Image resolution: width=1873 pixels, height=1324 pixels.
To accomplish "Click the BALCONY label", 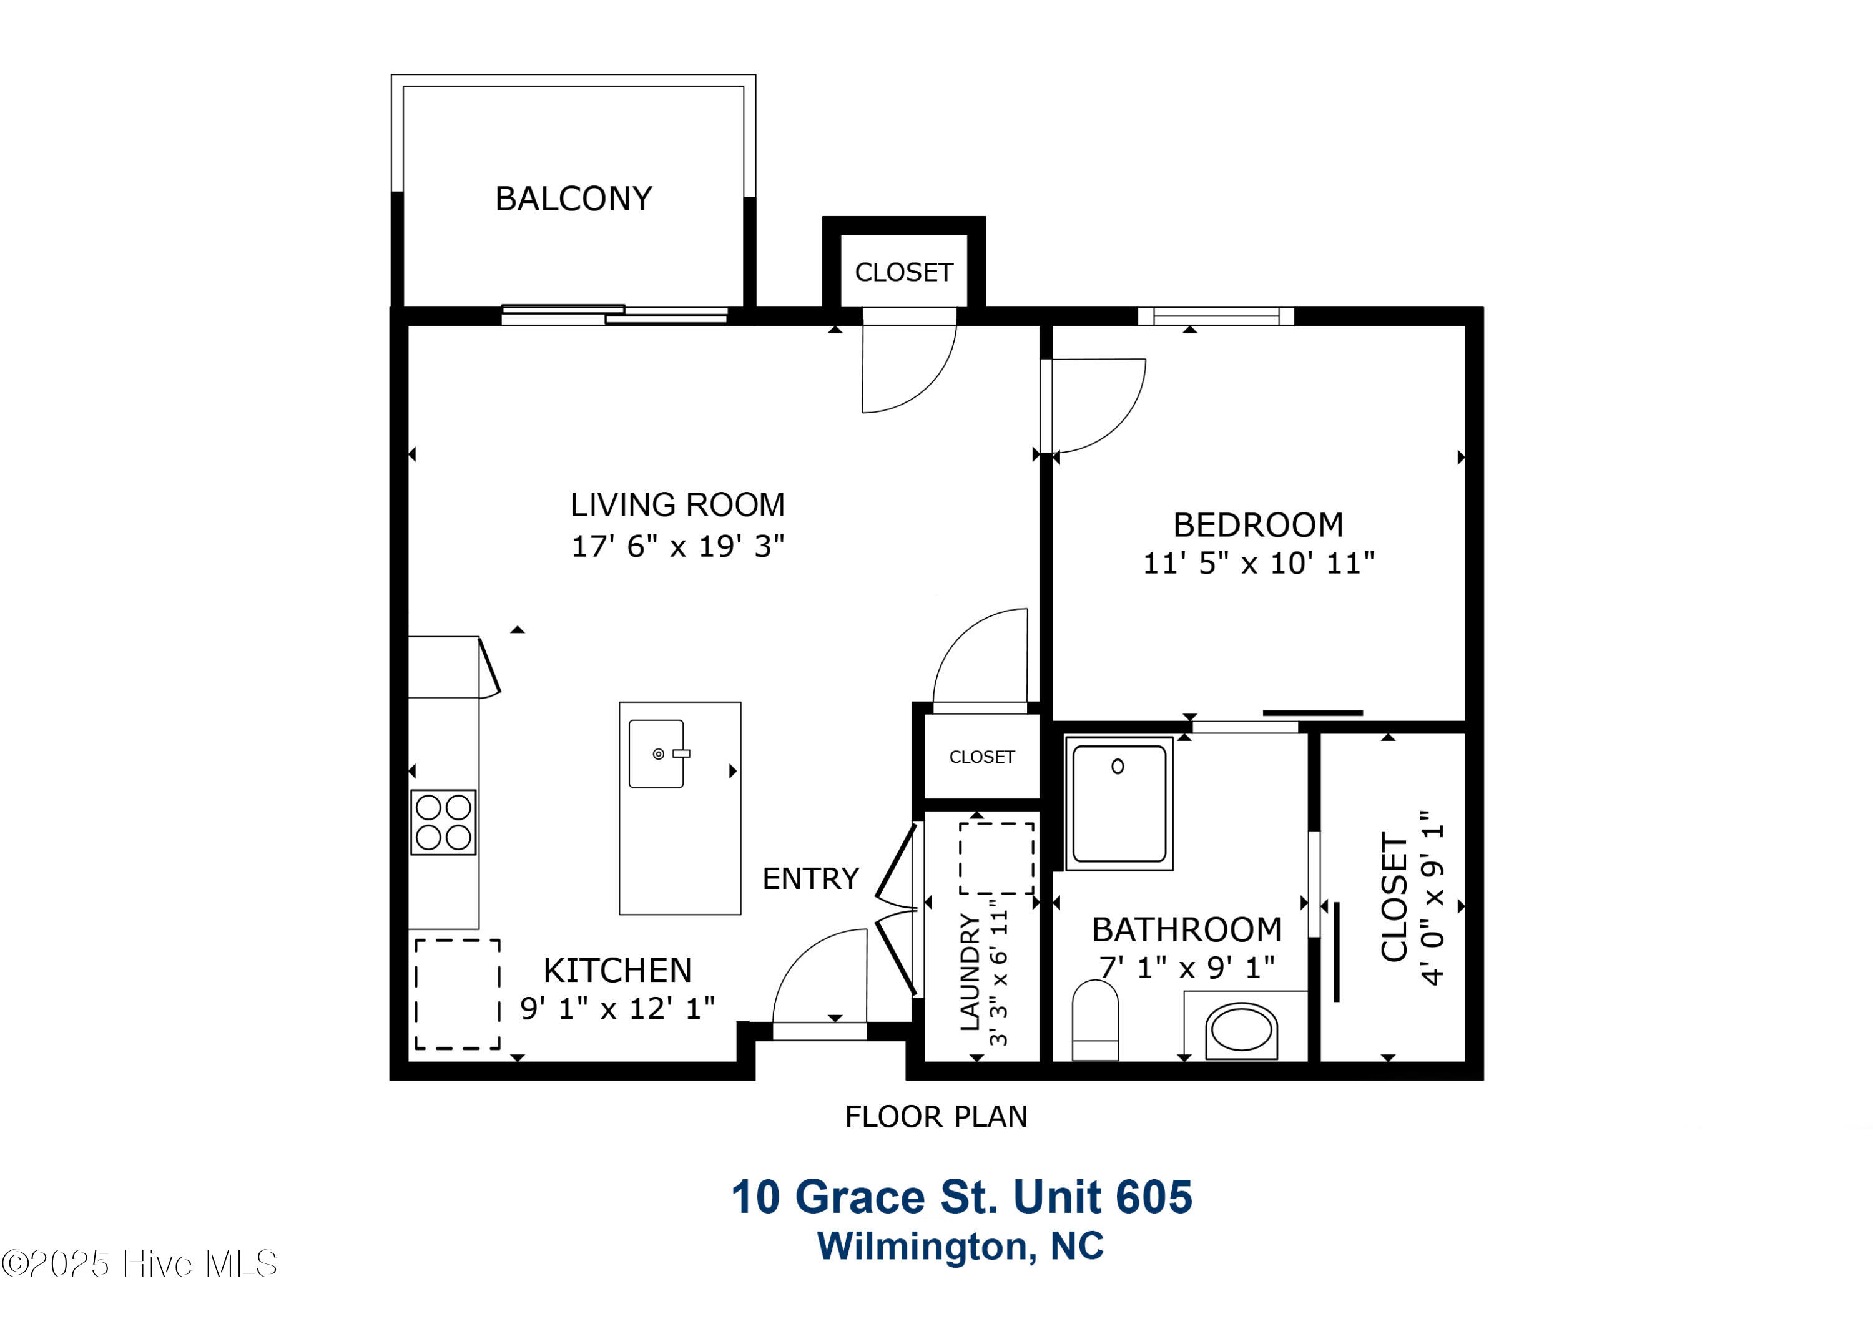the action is click(574, 199).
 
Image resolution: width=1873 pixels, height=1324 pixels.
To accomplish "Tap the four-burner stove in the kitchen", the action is click(443, 821).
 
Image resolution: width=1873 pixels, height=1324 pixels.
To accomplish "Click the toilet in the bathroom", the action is click(1094, 1020).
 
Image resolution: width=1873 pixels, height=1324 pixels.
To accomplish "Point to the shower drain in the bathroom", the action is click(1118, 766).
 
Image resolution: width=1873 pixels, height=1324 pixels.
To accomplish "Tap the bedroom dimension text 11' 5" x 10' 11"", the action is click(1259, 563).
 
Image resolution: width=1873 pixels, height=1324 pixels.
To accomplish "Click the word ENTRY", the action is click(811, 878).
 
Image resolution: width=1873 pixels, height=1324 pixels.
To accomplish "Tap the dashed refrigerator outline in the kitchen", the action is click(458, 994).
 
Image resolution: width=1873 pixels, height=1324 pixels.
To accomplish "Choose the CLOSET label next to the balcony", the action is click(904, 272).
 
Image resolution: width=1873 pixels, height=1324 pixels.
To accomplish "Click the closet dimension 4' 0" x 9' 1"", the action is click(1432, 898).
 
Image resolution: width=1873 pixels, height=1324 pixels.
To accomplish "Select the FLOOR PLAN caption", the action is click(936, 1117).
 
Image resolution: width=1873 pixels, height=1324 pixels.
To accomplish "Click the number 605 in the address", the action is click(1154, 1197).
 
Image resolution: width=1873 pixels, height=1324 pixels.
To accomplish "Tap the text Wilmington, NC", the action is click(961, 1247).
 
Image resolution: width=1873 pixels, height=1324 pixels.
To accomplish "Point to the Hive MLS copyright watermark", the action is click(139, 1263).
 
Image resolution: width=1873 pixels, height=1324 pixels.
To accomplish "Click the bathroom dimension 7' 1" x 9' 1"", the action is click(1187, 968).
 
